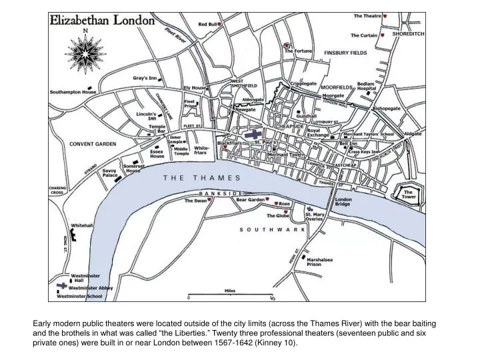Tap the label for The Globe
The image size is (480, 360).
point(279,215)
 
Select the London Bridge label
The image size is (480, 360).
point(343,201)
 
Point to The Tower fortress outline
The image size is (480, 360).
point(408,194)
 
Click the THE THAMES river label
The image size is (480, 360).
point(201,178)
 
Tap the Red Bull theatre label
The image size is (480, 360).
point(207,24)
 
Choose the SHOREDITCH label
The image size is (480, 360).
point(407,33)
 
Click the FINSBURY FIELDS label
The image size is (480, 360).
point(345,52)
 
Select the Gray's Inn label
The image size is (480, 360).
point(144,78)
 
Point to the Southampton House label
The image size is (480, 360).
point(73,91)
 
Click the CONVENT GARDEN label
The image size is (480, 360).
point(93,144)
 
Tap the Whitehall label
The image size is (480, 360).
point(82,225)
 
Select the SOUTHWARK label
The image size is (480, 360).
point(272,229)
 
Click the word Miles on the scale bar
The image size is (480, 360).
point(229,291)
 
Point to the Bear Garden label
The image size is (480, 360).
point(250,199)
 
